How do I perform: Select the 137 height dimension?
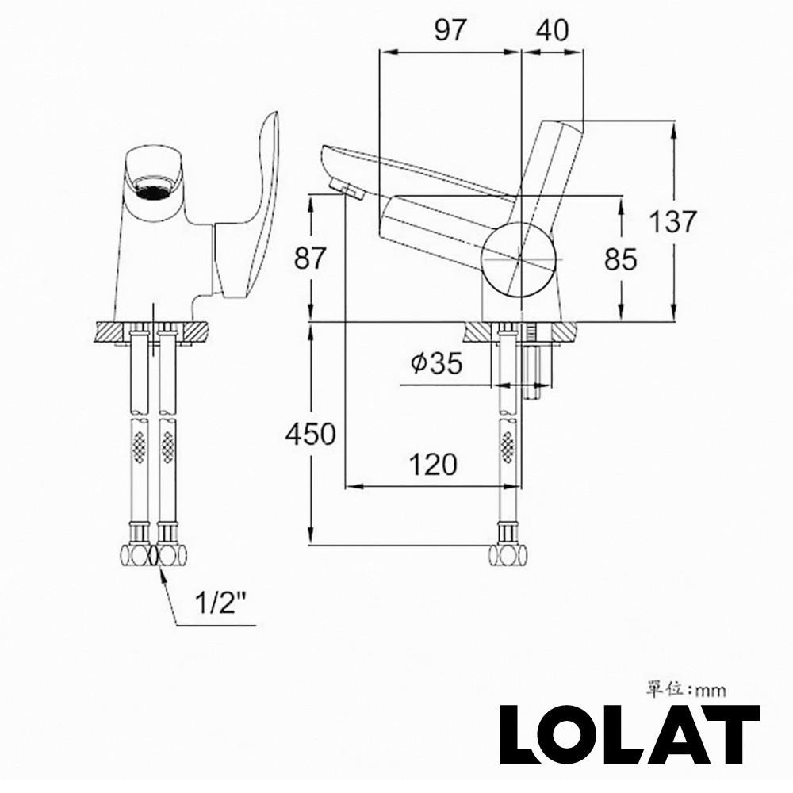click(x=672, y=221)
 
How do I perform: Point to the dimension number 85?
click(x=620, y=259)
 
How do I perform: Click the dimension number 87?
click(x=310, y=259)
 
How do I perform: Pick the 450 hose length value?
click(x=311, y=434)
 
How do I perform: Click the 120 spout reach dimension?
click(x=433, y=464)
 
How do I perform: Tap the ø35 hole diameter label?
click(x=436, y=363)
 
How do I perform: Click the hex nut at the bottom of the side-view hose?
click(x=508, y=554)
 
